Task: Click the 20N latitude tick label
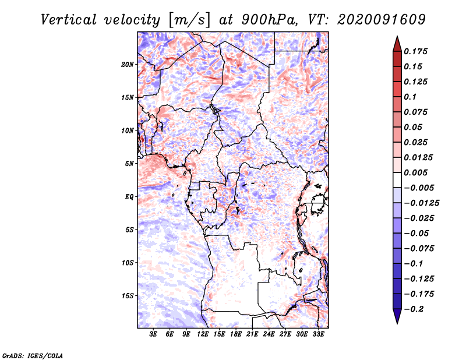click(x=128, y=65)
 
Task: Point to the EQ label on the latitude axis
click(x=129, y=197)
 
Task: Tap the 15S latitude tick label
click(x=128, y=296)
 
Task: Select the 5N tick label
click(x=129, y=164)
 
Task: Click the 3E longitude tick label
click(x=153, y=334)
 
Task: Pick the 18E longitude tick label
click(x=236, y=334)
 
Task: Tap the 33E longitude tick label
click(x=318, y=334)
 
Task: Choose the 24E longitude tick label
click(x=269, y=334)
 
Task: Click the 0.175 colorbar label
click(x=415, y=51)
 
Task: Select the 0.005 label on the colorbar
click(x=415, y=172)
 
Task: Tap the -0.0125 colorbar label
click(x=421, y=203)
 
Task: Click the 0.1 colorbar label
click(x=410, y=97)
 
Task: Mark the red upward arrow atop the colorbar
click(x=397, y=44)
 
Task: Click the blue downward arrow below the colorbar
click(x=397, y=316)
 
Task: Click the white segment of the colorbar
click(x=397, y=180)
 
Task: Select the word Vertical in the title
click(x=69, y=20)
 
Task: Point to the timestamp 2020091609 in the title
click(x=382, y=20)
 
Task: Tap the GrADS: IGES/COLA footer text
click(x=33, y=356)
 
